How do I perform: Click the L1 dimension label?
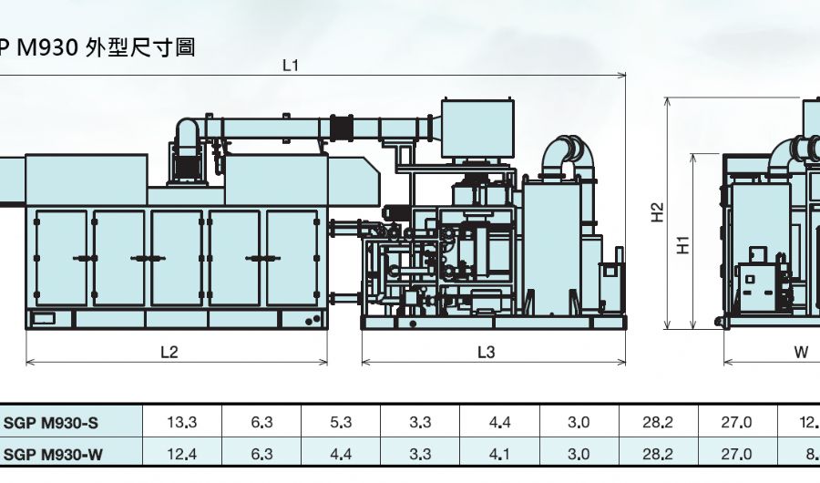(x=291, y=66)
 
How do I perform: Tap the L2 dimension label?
(x=169, y=352)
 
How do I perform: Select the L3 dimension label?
(x=487, y=352)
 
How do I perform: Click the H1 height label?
(x=683, y=245)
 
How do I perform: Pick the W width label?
(x=801, y=352)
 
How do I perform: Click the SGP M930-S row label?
(x=51, y=423)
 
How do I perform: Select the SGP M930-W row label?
(x=53, y=454)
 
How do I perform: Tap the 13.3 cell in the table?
(x=182, y=422)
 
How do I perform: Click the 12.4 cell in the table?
(x=182, y=454)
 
